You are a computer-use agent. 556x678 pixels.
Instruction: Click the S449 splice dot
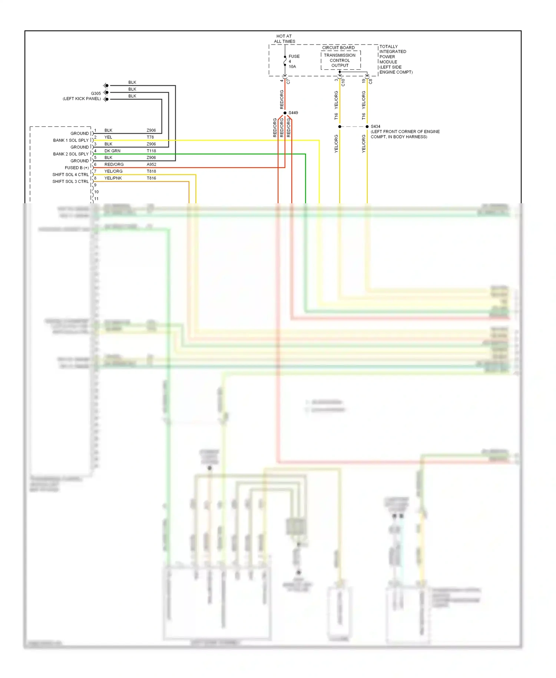point(285,113)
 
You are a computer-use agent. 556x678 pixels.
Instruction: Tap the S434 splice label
point(375,126)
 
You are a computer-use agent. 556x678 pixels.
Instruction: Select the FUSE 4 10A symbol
point(285,61)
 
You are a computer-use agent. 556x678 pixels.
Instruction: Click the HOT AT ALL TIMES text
point(284,39)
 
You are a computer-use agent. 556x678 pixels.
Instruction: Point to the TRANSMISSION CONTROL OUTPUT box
point(340,60)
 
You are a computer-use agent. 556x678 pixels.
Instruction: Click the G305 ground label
point(96,93)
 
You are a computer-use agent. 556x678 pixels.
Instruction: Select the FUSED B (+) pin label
point(76,168)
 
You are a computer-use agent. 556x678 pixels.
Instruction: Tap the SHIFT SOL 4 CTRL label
point(70,175)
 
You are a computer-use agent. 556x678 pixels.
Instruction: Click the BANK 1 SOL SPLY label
point(71,140)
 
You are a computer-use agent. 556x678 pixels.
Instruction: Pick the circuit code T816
point(151,178)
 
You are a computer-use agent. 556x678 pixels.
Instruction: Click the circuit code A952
point(151,165)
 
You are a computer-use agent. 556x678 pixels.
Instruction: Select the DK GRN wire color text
point(112,151)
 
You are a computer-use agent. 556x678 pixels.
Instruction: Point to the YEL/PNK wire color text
point(113,178)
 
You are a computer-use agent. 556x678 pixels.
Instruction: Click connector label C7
point(288,82)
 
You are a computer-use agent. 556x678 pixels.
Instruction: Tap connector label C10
point(343,82)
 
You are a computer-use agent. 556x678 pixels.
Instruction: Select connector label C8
point(370,81)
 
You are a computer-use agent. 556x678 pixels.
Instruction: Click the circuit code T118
point(151,151)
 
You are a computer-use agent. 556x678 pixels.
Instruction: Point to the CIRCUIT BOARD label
point(338,48)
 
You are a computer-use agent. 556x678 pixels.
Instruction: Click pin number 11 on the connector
point(96,199)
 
